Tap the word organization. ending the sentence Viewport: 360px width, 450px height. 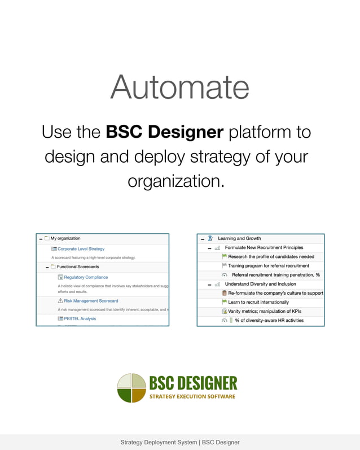tap(176, 181)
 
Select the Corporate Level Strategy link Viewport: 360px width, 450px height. tap(81, 248)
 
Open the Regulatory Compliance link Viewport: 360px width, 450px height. tap(86, 277)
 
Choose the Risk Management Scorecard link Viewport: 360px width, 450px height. tap(91, 301)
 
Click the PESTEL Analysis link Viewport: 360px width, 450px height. tap(80, 318)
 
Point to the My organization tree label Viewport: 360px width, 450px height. tap(65, 238)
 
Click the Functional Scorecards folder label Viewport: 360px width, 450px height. tap(78, 266)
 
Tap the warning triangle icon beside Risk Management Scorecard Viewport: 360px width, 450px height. tap(60, 301)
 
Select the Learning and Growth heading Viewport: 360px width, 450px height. tap(239, 238)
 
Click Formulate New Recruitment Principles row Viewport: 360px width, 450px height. tap(264, 247)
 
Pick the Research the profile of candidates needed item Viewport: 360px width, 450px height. tap(271, 256)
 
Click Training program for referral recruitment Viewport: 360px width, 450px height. tap(269, 265)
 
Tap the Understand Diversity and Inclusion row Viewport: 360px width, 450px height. tap(260, 284)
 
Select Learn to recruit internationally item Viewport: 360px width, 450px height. tap(258, 302)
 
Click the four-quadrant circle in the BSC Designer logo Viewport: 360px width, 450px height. tap(131, 388)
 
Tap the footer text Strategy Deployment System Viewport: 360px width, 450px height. tap(159, 442)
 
